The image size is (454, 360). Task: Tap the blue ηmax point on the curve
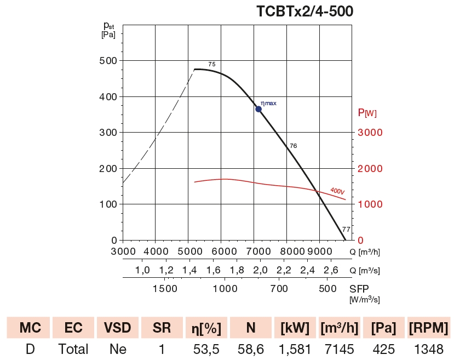click(258, 109)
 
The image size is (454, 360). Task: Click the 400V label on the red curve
click(337, 191)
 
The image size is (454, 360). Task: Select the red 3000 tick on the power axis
click(370, 133)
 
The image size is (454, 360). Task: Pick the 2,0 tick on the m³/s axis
click(260, 270)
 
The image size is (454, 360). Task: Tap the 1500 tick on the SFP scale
click(164, 288)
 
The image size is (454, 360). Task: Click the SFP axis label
click(360, 288)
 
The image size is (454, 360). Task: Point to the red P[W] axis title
click(367, 113)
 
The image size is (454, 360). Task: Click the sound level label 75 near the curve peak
click(212, 65)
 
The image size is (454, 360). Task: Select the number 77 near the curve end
click(346, 230)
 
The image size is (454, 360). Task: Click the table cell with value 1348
click(428, 349)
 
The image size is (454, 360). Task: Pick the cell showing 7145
click(341, 349)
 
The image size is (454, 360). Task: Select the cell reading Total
click(73, 349)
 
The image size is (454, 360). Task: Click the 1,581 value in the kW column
click(295, 349)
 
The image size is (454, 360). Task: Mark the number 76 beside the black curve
click(293, 146)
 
